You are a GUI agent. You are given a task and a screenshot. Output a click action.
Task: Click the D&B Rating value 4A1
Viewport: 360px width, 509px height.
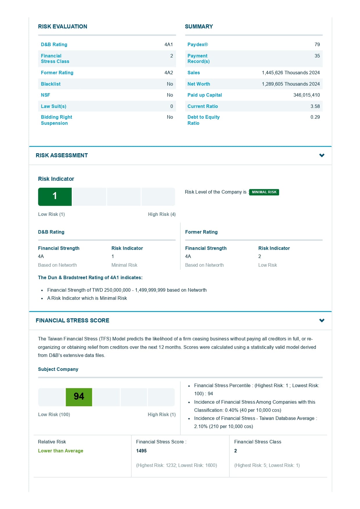[x=168, y=44]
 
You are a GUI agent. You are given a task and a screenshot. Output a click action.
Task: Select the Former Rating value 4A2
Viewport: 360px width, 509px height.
[x=168, y=73]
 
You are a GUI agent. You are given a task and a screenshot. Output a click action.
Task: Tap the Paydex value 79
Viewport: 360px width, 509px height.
[x=317, y=44]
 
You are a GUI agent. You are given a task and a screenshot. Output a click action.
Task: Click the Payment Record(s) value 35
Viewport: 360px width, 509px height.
[x=317, y=56]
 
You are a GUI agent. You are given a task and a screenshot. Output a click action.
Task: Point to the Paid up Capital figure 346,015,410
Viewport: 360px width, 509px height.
[x=306, y=95]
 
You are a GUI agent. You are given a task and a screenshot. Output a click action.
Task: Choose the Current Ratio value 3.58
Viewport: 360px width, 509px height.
[x=315, y=106]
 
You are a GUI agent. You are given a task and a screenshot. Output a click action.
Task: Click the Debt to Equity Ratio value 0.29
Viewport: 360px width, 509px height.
[x=315, y=117]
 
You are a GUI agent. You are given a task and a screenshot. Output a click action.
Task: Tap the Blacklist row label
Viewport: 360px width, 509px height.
[x=51, y=84]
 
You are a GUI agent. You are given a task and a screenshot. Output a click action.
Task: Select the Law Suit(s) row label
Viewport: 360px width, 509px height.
[x=54, y=106]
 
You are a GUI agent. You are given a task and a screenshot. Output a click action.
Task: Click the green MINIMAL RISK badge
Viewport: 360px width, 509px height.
[x=264, y=192]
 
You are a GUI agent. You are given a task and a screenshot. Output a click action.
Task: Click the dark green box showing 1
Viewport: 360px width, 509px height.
[x=55, y=196]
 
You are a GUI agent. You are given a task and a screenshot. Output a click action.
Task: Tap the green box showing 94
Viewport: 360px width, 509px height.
[x=79, y=397]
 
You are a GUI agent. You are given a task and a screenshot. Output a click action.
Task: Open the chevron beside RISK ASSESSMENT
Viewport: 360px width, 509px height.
[x=322, y=155]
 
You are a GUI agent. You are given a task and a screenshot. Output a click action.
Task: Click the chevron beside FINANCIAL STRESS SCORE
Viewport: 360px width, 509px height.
[x=322, y=320]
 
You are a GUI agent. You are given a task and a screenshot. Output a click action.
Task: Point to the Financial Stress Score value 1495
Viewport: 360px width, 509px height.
[x=141, y=451]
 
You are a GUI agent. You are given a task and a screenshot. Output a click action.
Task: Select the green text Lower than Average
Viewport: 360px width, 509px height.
[x=61, y=451]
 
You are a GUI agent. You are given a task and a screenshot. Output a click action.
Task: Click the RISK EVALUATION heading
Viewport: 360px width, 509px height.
[x=62, y=26]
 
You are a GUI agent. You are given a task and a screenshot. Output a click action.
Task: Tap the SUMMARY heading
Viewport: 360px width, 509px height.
[x=199, y=26]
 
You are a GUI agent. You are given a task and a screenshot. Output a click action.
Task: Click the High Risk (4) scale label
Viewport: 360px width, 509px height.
[x=162, y=214]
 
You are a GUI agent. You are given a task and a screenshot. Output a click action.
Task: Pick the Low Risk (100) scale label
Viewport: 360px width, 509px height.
[x=54, y=414]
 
